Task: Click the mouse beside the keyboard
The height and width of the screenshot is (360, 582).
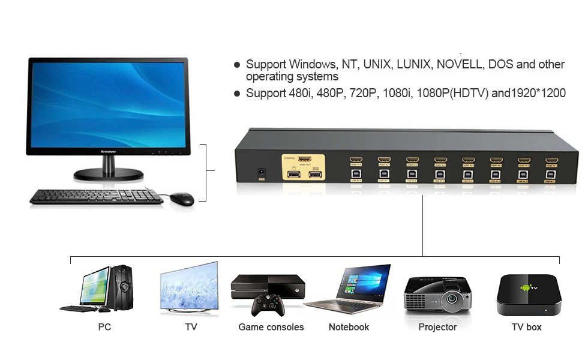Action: (x=181, y=199)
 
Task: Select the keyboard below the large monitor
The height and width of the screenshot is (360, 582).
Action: (x=96, y=196)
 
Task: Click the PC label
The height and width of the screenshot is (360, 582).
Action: (x=104, y=327)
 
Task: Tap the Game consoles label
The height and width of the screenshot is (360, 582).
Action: (x=271, y=327)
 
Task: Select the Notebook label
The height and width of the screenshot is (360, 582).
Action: (x=349, y=327)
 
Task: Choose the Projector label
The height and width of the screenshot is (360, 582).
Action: (x=437, y=327)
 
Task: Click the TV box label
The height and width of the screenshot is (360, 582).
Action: (x=526, y=327)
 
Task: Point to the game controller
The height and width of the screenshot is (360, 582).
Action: (x=268, y=305)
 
